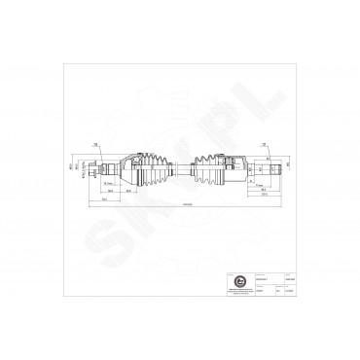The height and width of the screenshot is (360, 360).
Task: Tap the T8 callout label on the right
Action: tap(267, 142)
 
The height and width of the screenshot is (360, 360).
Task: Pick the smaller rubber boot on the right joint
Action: tap(207, 167)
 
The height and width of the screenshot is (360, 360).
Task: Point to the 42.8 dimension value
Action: tap(128, 191)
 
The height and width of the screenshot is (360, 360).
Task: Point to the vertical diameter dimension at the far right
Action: tap(289, 167)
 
